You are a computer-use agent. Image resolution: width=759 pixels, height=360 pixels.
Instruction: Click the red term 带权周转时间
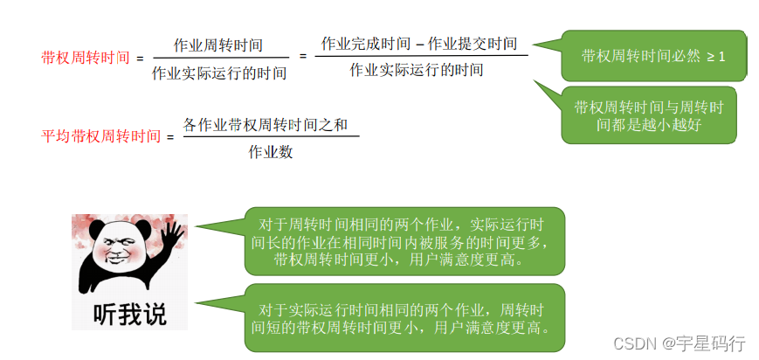click(85, 58)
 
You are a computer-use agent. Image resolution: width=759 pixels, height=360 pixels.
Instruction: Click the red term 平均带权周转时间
click(101, 135)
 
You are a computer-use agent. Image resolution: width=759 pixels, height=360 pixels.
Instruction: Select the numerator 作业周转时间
click(218, 45)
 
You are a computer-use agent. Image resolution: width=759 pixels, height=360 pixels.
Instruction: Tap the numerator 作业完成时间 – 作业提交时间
click(419, 43)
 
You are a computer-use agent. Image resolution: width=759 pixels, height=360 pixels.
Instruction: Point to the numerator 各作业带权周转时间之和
click(271, 125)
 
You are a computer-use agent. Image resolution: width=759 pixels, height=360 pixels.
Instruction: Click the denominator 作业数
click(271, 152)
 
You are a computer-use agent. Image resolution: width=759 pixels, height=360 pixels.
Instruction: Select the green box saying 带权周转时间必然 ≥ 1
click(653, 56)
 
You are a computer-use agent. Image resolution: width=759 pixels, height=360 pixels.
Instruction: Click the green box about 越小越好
click(648, 115)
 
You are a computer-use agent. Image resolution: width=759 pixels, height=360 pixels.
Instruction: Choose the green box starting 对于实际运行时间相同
click(404, 319)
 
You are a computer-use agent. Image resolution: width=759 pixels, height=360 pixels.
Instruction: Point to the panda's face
click(117, 253)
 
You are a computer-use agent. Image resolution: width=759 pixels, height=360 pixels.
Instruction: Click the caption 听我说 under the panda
click(129, 313)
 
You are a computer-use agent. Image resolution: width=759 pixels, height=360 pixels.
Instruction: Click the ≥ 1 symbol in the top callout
click(716, 56)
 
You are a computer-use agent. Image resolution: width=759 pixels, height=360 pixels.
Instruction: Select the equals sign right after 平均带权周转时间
click(170, 136)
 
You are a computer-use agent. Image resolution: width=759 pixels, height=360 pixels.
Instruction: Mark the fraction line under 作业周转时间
click(218, 59)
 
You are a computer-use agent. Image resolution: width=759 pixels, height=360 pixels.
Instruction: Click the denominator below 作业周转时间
click(218, 73)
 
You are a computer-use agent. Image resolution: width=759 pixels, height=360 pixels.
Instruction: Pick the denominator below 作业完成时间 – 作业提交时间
click(416, 70)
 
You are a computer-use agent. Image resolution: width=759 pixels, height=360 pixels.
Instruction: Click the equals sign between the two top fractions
click(303, 56)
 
